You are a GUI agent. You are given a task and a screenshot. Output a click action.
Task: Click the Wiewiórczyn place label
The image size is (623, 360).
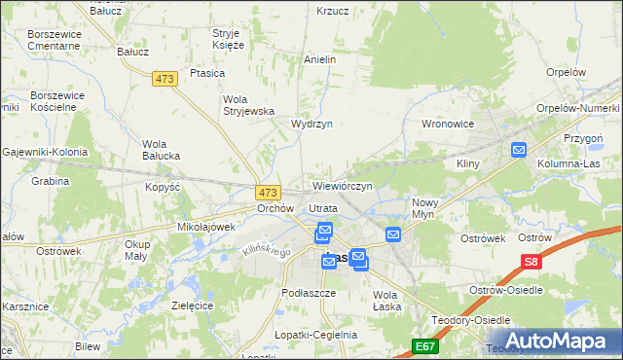pos(342,185)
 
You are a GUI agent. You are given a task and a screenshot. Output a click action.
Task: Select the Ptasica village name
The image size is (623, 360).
pos(208,73)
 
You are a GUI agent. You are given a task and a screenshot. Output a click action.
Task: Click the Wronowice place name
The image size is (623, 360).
pos(447,125)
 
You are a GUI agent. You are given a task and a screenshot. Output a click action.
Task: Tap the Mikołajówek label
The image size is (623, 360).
pos(207,227)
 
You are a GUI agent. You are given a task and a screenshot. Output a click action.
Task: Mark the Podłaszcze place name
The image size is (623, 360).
pos(308,293)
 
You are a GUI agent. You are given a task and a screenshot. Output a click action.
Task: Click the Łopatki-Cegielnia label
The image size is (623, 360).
pos(316,334)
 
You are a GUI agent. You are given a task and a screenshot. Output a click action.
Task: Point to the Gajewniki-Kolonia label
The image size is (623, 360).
pos(45,152)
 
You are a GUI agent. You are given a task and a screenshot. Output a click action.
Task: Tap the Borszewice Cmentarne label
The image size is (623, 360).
pos(55,40)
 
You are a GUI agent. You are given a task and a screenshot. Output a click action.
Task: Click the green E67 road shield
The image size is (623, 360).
pos(424,345)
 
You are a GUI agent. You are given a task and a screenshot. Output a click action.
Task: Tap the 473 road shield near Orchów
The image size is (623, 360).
pos(270,193)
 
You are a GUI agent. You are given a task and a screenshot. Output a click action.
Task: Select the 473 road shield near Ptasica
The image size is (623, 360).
pos(165,81)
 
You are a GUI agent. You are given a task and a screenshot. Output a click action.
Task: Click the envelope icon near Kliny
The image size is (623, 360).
pos(519,150)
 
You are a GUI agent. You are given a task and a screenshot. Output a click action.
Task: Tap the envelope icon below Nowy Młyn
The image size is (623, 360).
pos(393,234)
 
